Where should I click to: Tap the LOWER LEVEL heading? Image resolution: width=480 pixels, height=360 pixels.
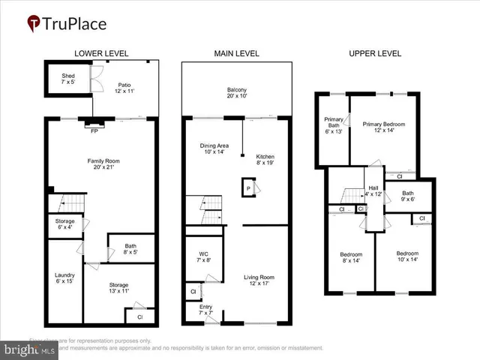(x=101, y=54)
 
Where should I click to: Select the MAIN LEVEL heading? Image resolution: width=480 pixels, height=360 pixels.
(x=236, y=54)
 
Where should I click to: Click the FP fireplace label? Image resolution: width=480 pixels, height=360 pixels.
(x=94, y=131)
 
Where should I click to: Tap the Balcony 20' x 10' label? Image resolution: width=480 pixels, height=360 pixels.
(x=237, y=94)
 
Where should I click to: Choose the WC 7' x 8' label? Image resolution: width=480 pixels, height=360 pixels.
(x=203, y=256)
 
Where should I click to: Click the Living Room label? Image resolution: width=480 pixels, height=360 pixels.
(x=259, y=280)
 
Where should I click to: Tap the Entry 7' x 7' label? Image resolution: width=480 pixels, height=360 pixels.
(x=205, y=310)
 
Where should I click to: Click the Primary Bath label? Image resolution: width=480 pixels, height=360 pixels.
(x=333, y=125)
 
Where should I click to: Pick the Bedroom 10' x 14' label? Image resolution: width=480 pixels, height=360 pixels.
(x=407, y=257)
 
